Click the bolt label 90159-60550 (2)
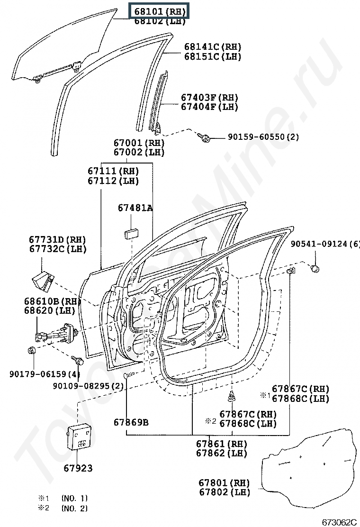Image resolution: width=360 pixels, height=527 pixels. point(263,137)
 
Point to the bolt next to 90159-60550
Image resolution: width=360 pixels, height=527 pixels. point(206,137)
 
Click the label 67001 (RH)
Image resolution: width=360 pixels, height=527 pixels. point(138,143)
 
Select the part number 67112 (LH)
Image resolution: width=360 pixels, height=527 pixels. point(113,181)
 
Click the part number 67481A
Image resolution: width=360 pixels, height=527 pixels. point(135,208)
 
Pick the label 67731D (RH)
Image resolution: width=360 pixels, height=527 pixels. point(57,240)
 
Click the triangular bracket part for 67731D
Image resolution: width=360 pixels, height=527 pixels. point(41,280)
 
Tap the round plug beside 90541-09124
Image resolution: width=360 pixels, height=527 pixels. point(314,269)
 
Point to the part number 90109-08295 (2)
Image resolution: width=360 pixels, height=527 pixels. point(88,386)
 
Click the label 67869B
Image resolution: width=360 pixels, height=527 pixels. point(131,422)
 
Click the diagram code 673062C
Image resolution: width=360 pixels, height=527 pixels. point(339,522)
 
